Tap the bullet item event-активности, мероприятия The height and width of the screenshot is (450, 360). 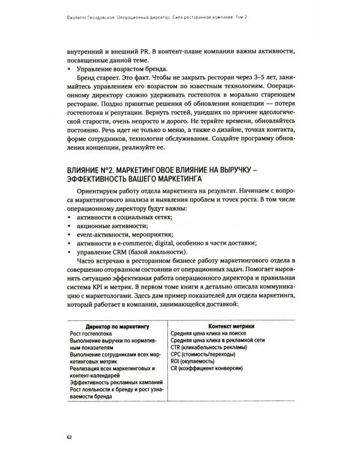(124, 236)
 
